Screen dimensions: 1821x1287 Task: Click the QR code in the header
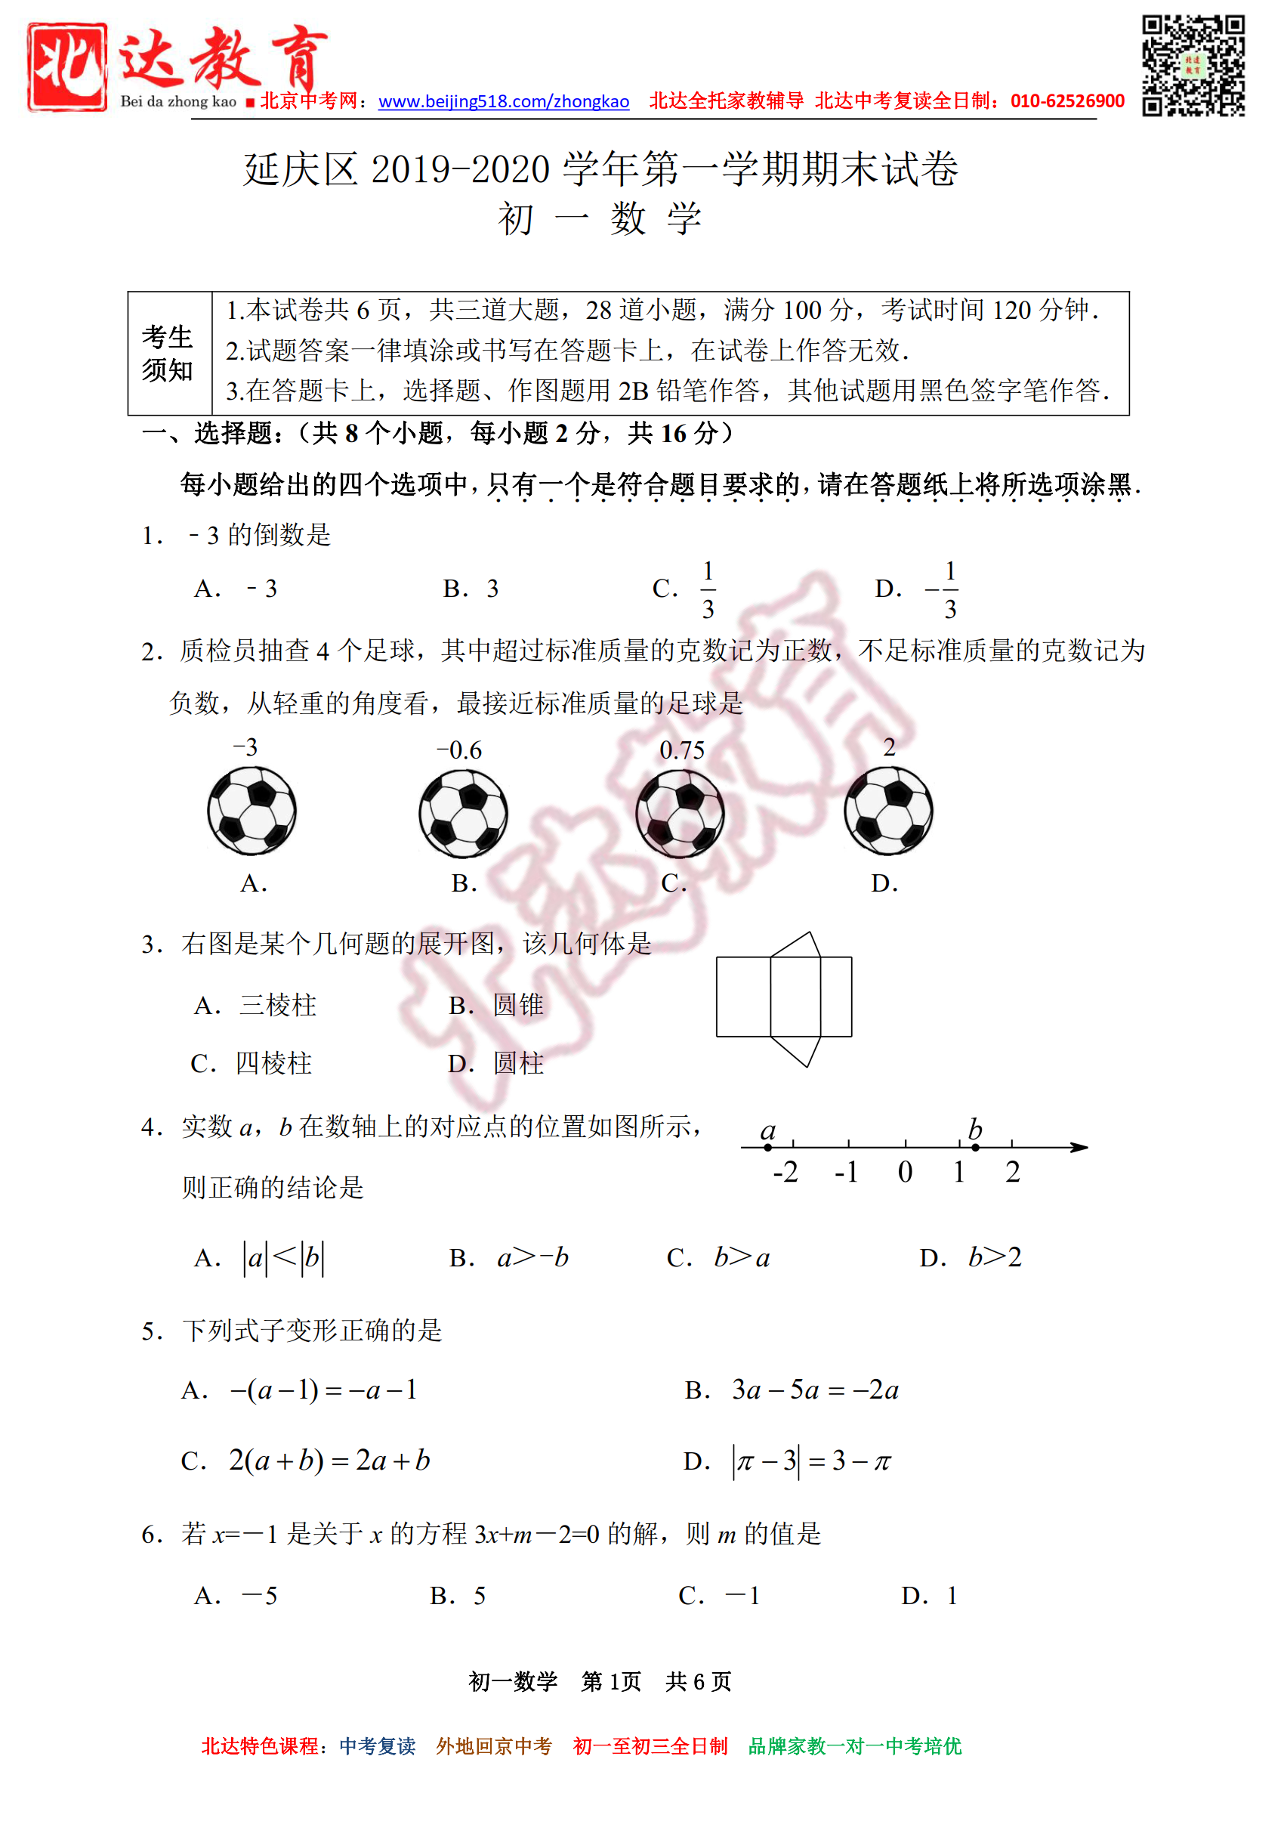pos(1193,66)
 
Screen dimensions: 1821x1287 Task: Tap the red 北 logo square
pos(67,67)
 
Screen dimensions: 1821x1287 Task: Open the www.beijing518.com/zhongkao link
pos(504,101)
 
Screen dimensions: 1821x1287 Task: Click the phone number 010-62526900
pos(1067,101)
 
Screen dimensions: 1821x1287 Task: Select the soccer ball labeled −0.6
pos(464,813)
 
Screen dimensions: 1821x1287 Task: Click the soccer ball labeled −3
pos(252,811)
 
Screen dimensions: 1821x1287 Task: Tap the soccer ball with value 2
pos(888,811)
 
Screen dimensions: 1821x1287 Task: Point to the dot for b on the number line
pos(975,1147)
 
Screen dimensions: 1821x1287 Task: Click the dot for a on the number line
pos(767,1147)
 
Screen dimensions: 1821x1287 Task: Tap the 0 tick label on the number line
pos(905,1172)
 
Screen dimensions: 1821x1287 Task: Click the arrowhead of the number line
pos(1079,1147)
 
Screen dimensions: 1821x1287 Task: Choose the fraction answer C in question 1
pos(708,589)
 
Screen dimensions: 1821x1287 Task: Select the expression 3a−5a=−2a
pos(814,1390)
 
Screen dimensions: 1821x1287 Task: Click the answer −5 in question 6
pos(259,1596)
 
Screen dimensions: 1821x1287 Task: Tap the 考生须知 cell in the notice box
pos(168,353)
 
